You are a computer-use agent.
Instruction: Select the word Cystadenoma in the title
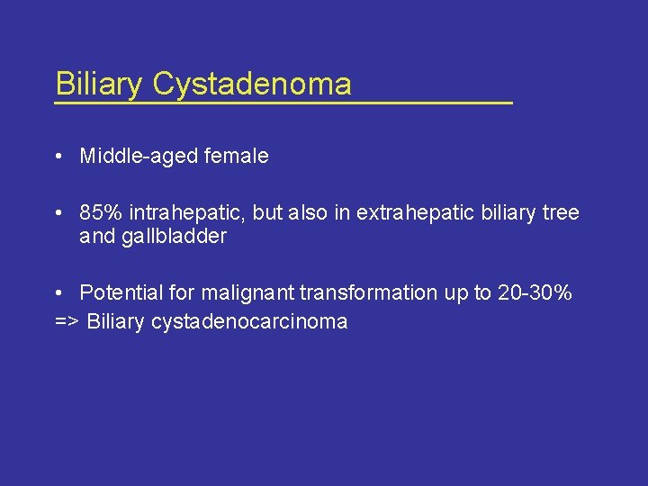[x=252, y=84]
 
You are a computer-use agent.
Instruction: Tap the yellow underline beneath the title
[x=283, y=103]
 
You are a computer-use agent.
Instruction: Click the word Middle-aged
[x=135, y=157]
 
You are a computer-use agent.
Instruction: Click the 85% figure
[x=101, y=213]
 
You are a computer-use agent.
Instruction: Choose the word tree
[x=561, y=213]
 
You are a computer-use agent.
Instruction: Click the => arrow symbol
[x=67, y=322]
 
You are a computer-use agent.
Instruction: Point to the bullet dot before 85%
[x=58, y=214]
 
